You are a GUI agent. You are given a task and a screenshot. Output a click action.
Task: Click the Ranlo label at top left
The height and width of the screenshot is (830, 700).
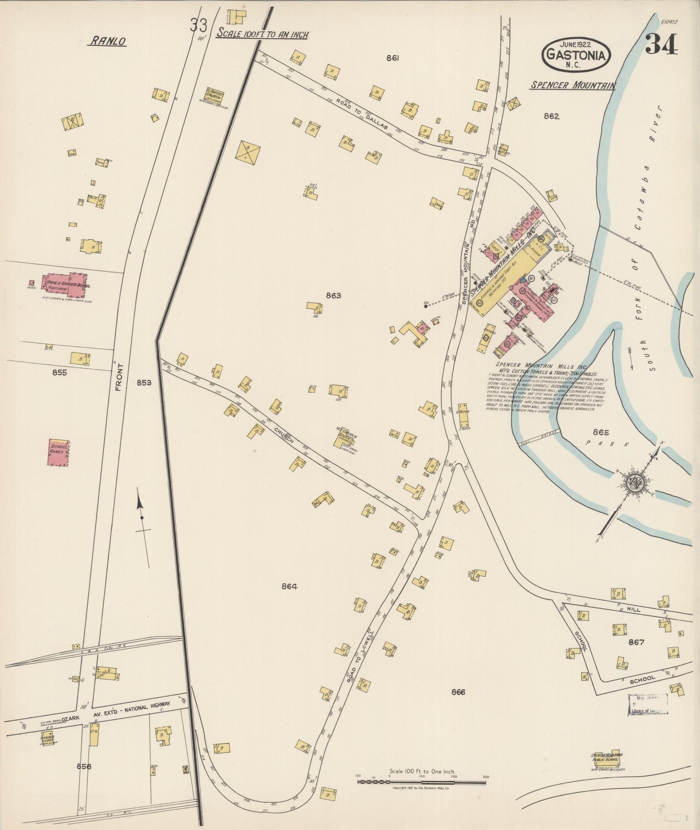click(107, 42)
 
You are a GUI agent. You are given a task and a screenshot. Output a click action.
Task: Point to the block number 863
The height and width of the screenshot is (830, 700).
click(333, 295)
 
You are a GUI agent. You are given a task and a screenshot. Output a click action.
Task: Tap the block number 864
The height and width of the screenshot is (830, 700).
click(289, 586)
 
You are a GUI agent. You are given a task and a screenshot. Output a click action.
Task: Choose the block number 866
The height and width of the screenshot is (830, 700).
click(457, 692)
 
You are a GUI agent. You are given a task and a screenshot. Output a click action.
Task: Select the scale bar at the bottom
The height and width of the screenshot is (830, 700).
click(421, 780)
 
